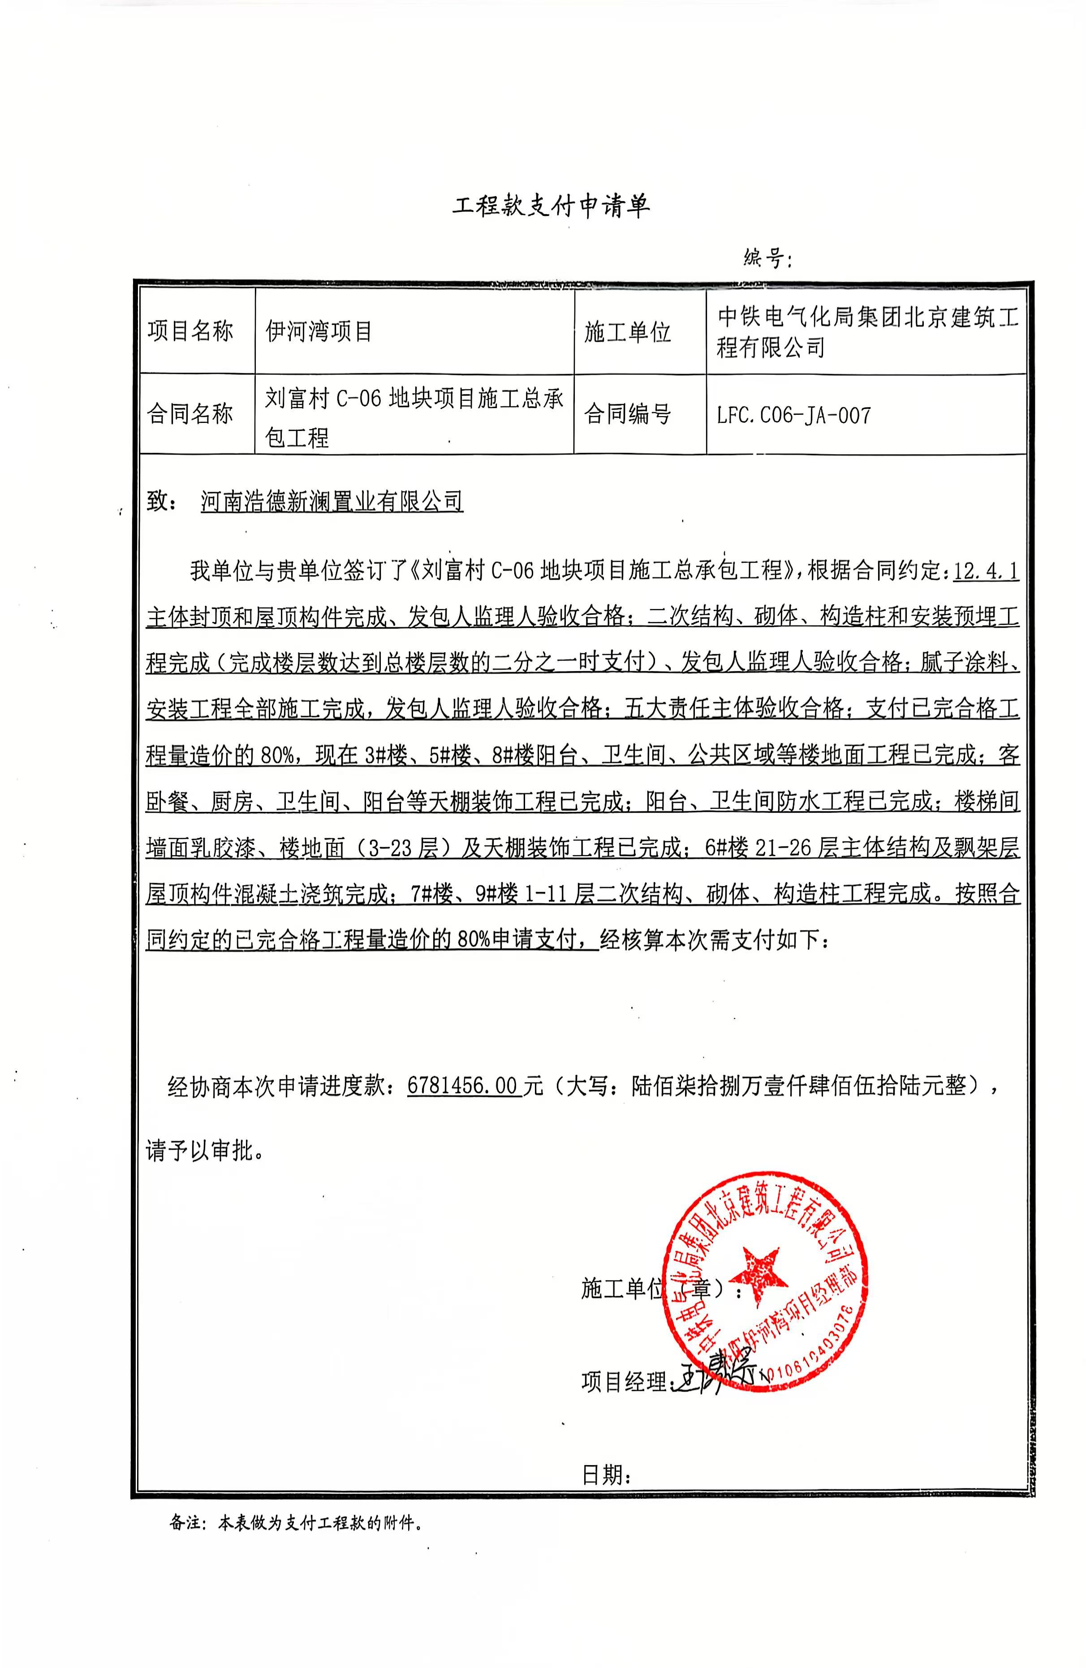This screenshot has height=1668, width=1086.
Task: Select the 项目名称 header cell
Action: click(190, 331)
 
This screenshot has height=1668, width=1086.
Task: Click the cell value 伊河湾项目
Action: click(319, 331)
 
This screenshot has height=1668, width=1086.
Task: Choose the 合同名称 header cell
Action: click(190, 414)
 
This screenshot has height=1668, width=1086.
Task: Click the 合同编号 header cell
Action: click(628, 414)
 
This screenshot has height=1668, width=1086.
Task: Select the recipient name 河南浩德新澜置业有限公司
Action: click(332, 502)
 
